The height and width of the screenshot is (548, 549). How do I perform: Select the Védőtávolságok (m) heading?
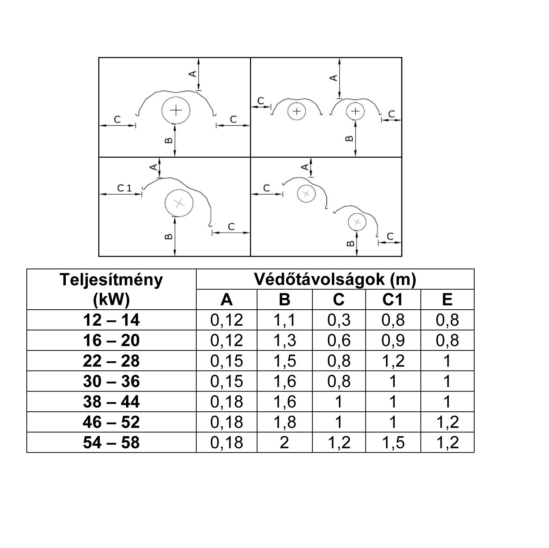335,279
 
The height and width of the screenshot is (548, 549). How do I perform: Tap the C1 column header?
393,300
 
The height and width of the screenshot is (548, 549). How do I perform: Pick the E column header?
447,300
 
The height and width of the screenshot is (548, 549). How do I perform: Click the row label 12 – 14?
111,320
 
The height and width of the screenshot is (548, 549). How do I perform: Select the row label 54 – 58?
111,443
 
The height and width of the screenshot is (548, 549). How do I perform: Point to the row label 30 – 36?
111,381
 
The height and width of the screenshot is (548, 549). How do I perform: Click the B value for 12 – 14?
285,320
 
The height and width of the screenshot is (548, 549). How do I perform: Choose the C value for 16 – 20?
339,340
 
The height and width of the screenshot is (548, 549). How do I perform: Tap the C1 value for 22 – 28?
393,361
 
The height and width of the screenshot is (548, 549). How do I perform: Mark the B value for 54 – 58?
285,443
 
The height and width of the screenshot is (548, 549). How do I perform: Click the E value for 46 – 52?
447,422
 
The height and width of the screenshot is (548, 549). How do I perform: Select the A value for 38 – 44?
226,402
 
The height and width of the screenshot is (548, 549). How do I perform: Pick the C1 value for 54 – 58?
393,443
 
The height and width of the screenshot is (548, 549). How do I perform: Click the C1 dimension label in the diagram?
124,188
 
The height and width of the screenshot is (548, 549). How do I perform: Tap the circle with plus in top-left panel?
176,110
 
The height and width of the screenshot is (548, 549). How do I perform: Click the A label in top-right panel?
333,78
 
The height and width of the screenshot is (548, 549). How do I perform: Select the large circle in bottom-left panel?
179,203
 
